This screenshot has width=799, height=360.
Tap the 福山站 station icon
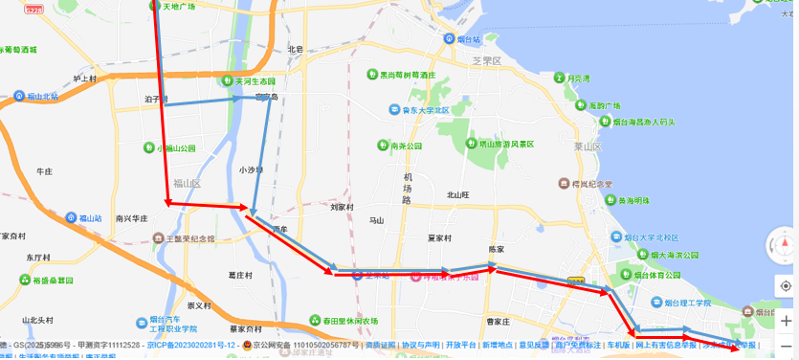click(72, 218)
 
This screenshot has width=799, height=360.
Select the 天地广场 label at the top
click(179, 7)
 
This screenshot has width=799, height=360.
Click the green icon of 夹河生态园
click(227, 81)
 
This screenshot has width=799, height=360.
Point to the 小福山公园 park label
click(180, 148)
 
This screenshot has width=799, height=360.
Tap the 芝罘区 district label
click(487, 60)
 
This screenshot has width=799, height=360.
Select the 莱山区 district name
click(587, 146)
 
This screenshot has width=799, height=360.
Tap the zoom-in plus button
click(785, 321)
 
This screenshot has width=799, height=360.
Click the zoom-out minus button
click(785, 346)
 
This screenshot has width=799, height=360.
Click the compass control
click(783, 245)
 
